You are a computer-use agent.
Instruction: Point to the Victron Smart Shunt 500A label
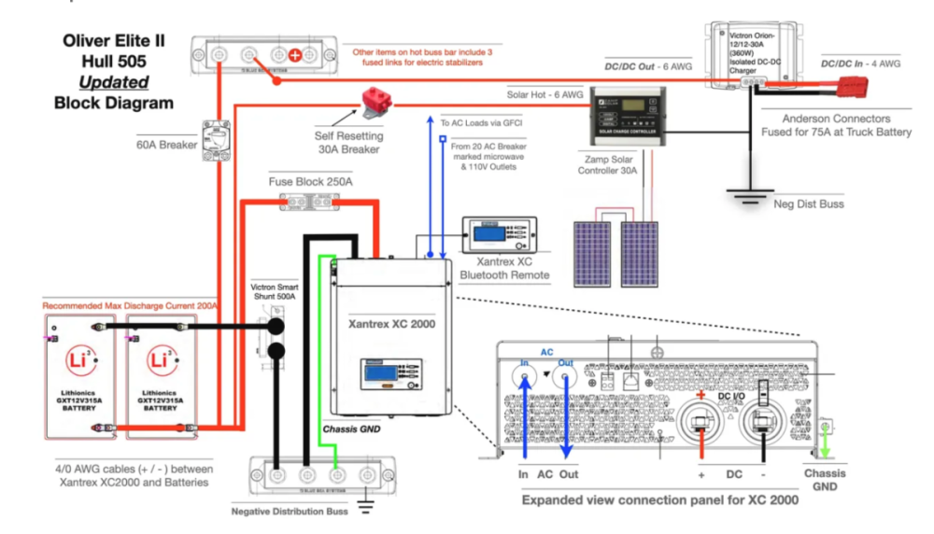276,290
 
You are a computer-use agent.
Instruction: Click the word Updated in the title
114,82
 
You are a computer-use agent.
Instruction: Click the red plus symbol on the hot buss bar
295,55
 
